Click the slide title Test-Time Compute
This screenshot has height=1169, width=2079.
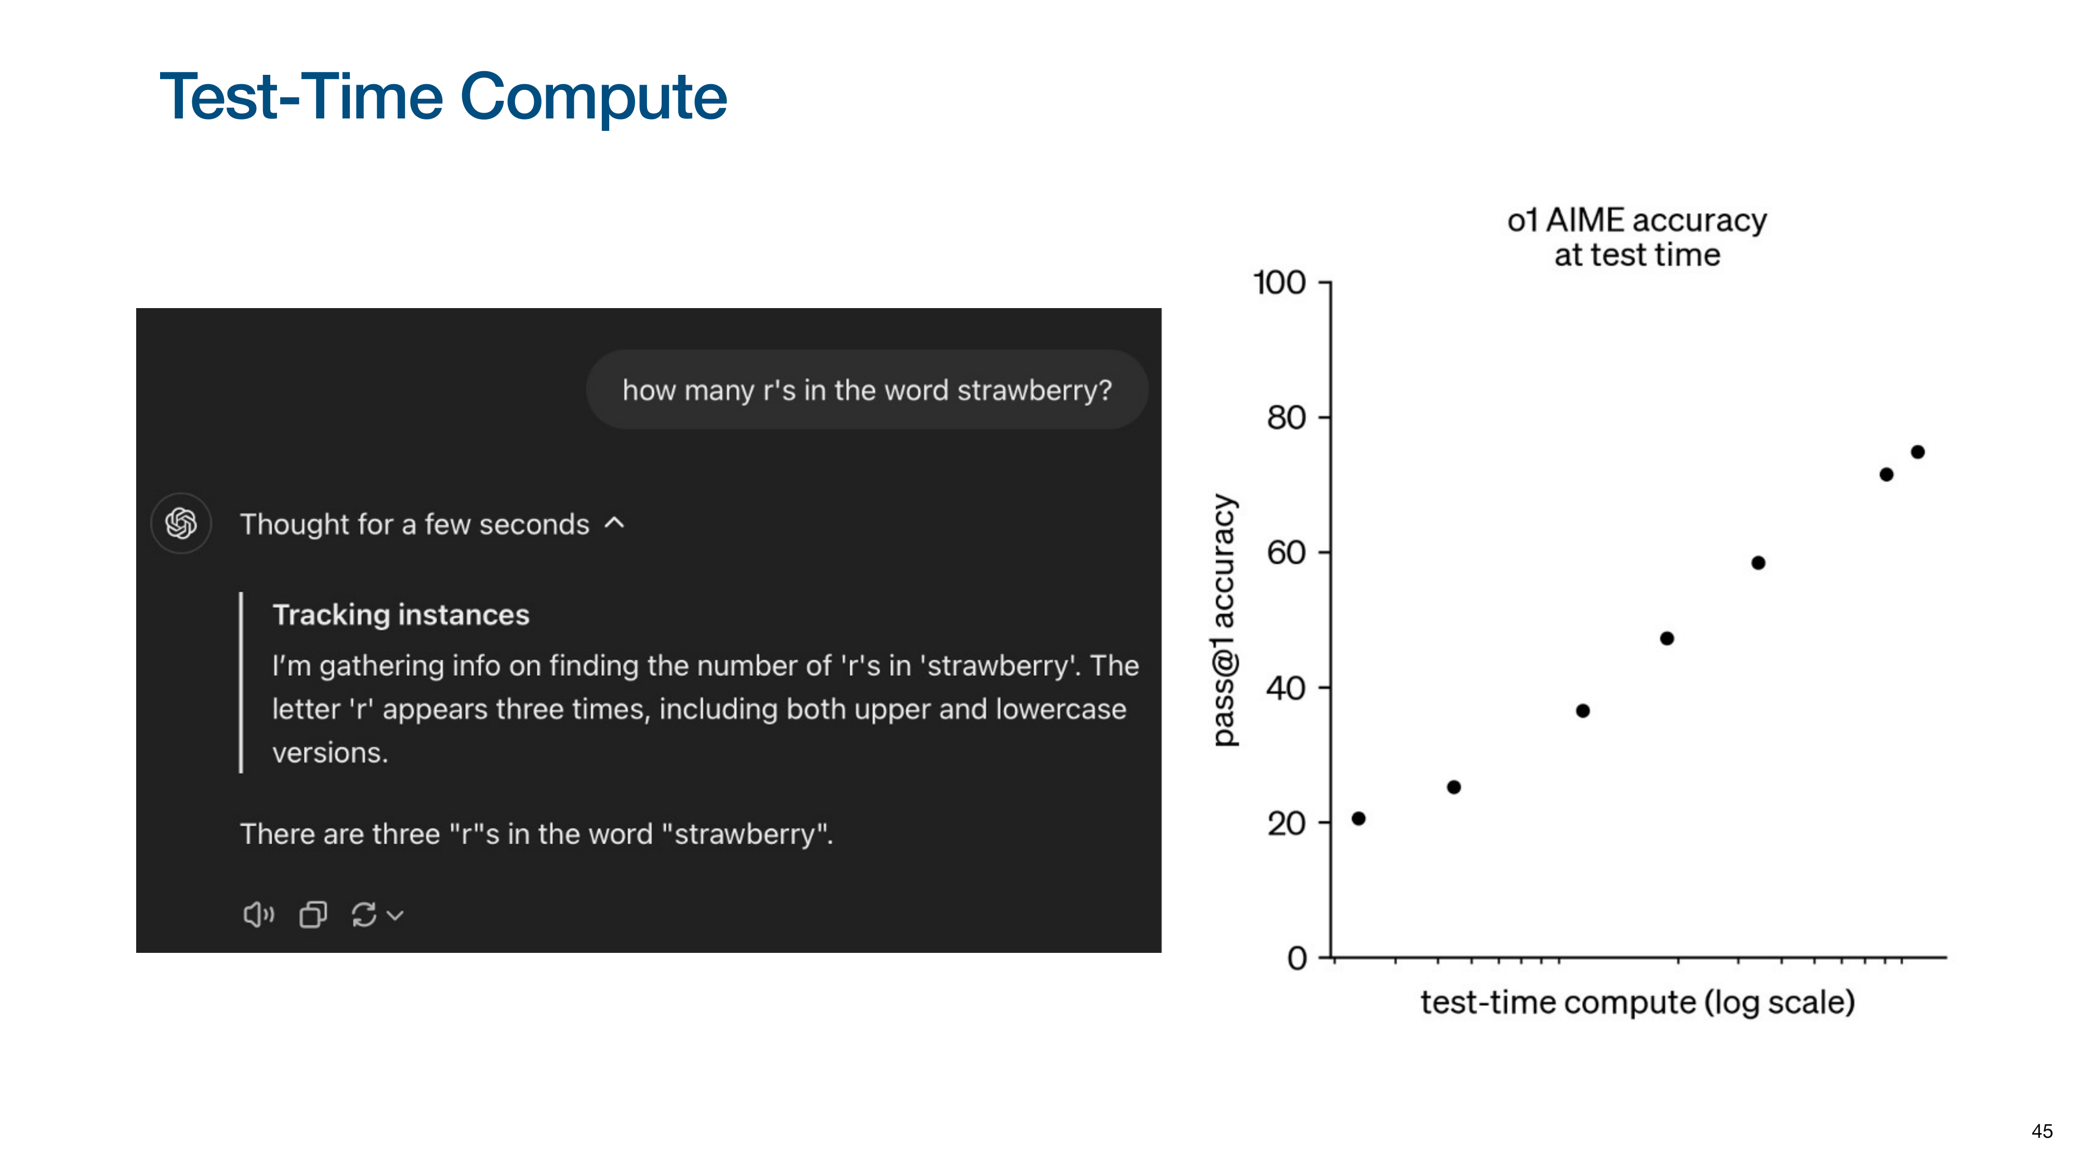[443, 97]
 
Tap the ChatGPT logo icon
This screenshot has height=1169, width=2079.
[181, 524]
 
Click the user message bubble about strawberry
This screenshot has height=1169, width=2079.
[867, 390]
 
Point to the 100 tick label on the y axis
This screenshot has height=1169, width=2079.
[1279, 283]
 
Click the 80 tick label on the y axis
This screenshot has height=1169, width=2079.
[1286, 418]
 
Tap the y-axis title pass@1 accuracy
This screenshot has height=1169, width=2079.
[1225, 620]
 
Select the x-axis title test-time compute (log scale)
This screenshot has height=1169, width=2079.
[1638, 1002]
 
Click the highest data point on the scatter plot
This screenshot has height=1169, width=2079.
[1917, 452]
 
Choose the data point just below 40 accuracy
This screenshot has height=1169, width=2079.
[1583, 711]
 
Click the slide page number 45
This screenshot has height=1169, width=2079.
[2042, 1131]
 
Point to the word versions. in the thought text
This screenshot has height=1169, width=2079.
[330, 753]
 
